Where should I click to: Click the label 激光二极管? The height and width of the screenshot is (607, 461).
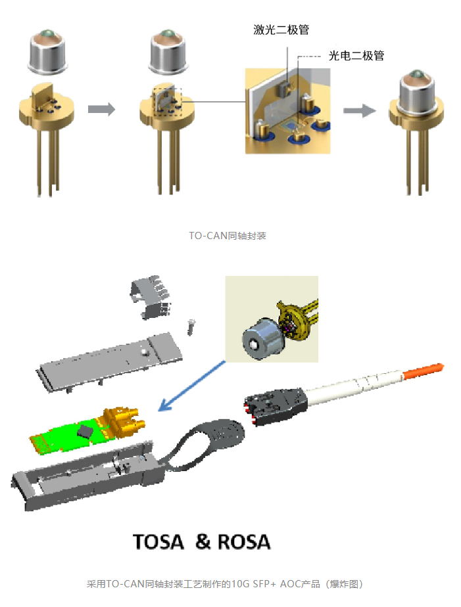281,30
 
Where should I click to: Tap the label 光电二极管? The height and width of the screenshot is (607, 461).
356,56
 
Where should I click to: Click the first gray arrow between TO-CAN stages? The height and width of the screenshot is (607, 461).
101,108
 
